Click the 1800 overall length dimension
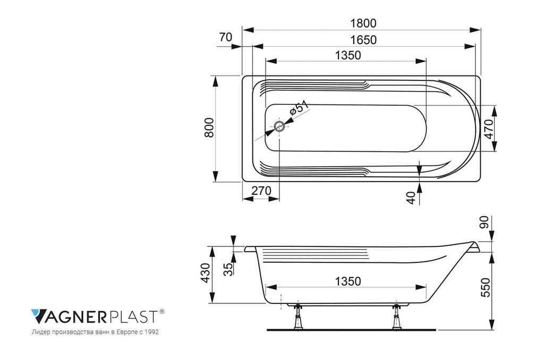coord(363,23)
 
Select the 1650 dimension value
coord(363,40)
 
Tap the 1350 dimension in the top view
coord(347,55)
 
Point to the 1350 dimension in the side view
coord(347,281)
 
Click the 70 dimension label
coord(225,37)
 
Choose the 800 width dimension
coord(209,128)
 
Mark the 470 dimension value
coord(489,129)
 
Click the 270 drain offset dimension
coord(261,191)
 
